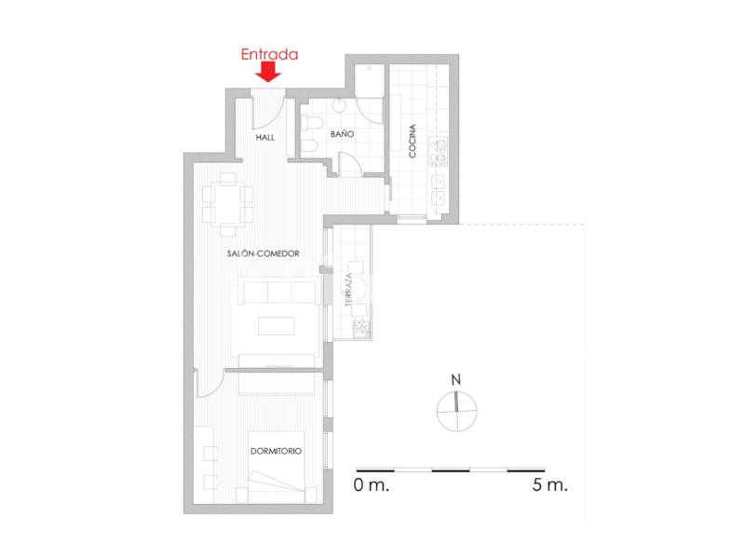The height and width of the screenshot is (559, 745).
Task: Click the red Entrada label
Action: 269,54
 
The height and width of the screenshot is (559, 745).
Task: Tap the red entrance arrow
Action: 268,74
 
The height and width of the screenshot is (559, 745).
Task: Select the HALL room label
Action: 265,137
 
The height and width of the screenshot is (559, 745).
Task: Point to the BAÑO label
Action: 342,133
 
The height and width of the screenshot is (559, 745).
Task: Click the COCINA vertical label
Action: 413,141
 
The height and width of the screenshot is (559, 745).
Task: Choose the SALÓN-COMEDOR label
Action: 264,253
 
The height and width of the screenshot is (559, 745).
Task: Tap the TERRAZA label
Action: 348,289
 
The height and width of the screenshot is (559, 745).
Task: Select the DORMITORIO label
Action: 276,451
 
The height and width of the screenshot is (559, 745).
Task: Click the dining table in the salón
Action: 227,203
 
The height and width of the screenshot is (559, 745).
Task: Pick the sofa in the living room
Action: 278,292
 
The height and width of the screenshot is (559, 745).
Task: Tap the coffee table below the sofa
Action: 277,325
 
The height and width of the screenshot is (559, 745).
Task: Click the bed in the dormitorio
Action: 277,468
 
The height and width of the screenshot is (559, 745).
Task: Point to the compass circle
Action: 456,412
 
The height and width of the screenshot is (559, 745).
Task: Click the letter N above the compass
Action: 456,380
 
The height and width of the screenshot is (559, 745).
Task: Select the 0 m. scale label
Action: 371,485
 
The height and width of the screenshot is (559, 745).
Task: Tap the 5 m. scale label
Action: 549,485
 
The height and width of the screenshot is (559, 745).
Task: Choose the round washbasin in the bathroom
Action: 340,105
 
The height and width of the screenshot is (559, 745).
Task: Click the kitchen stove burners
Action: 438,151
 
